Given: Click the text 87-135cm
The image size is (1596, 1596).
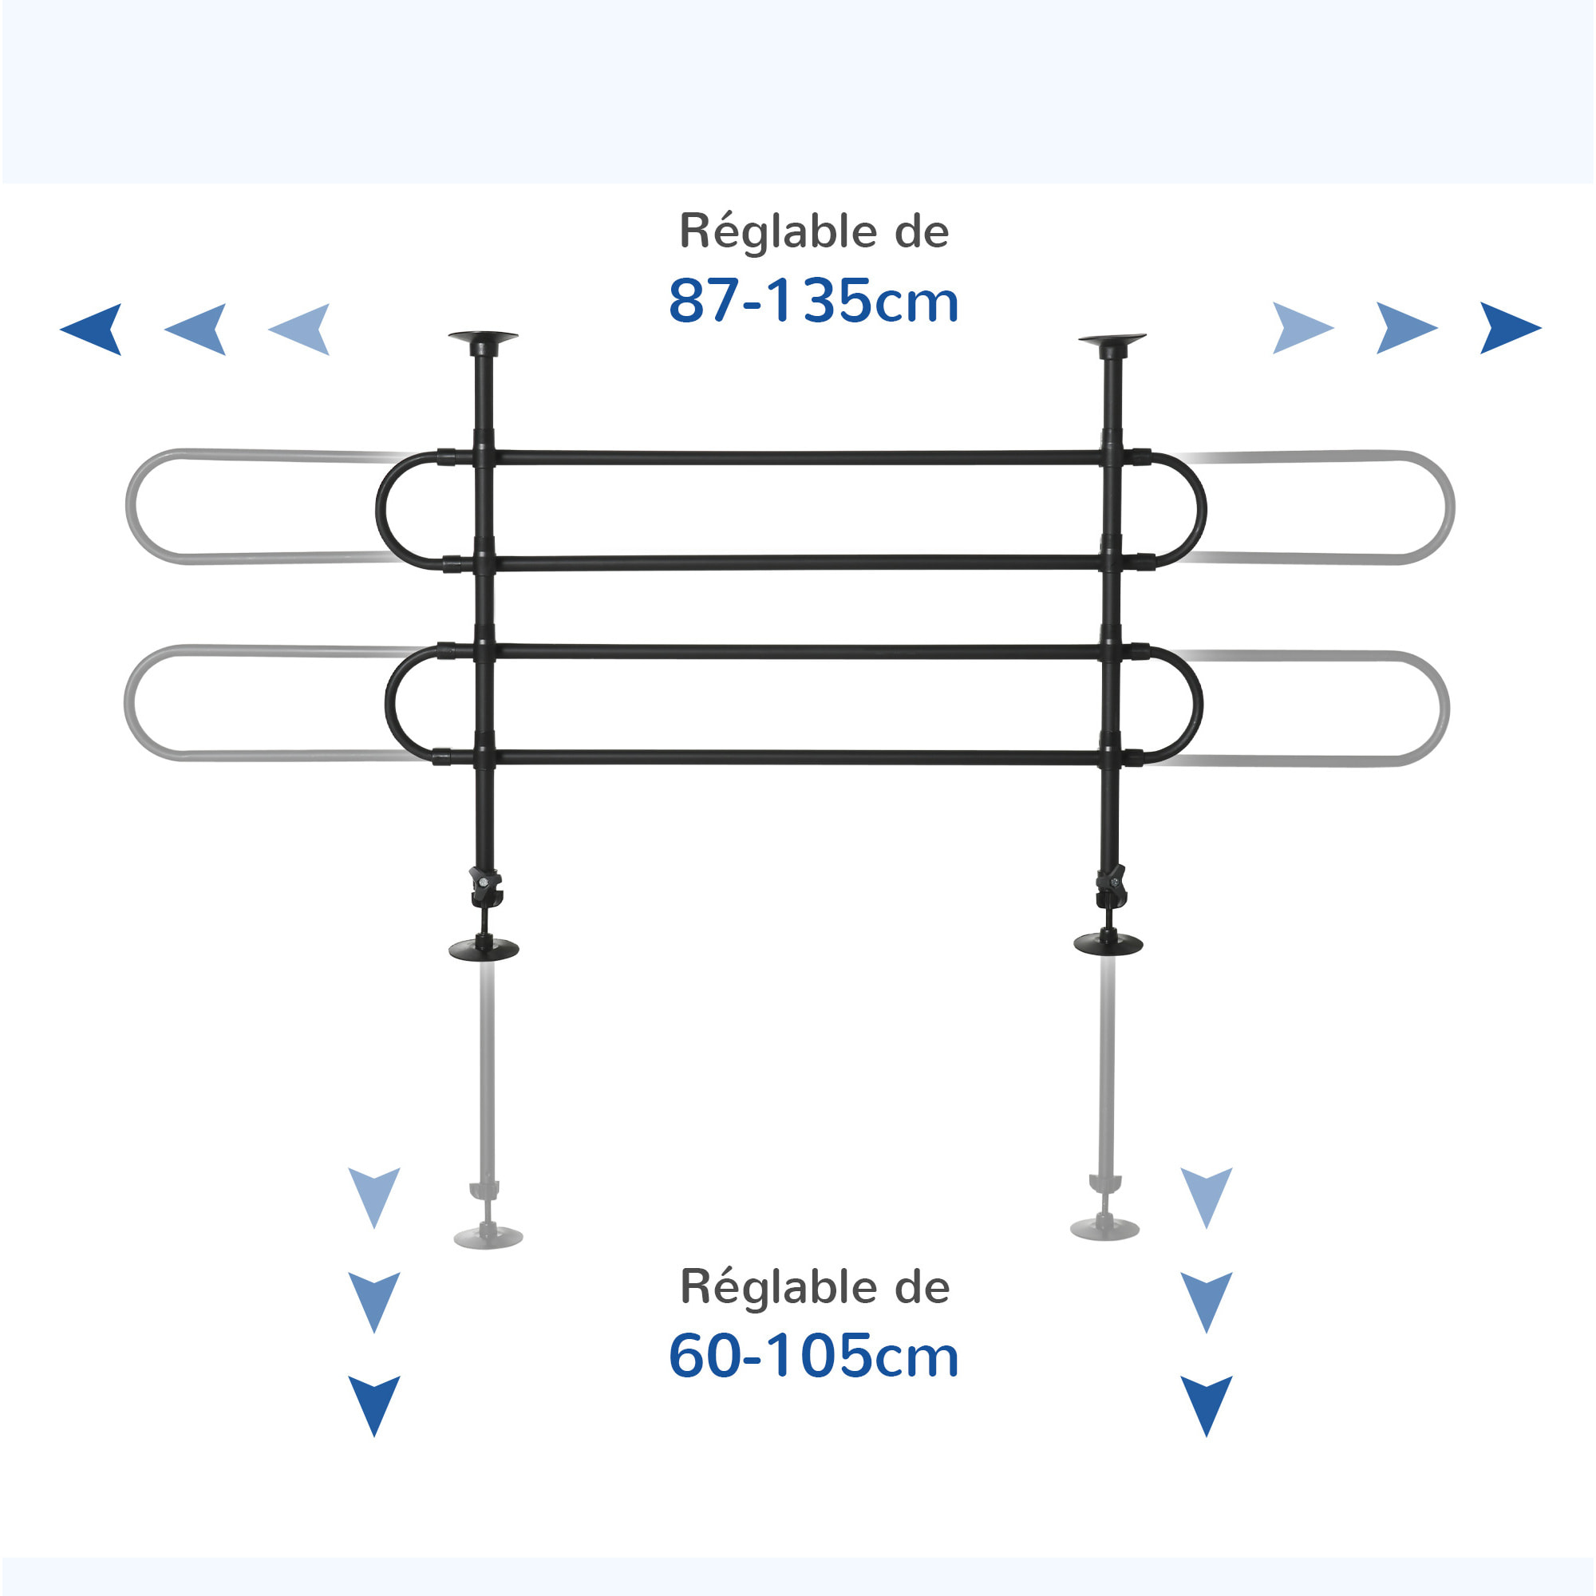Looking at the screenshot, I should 813,301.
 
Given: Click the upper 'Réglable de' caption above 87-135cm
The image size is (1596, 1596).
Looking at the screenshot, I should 814,231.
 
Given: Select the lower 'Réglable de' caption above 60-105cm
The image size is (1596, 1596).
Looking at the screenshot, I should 815,1287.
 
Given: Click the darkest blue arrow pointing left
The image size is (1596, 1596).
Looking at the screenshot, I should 93,329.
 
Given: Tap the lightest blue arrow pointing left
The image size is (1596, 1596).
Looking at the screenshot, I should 301,329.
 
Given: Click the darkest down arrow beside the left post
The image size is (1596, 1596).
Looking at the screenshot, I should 374,1404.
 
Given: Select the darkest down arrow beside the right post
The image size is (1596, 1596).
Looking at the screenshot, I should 1206,1404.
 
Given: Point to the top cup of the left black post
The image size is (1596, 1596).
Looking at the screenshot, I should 484,337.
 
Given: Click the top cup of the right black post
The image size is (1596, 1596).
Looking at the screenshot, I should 1112,338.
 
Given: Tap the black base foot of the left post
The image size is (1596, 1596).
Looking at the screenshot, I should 484,949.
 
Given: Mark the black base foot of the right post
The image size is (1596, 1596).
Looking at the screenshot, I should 1108,943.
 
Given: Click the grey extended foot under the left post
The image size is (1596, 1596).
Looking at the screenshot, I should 488,1237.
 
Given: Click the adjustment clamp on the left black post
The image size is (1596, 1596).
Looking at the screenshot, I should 485,887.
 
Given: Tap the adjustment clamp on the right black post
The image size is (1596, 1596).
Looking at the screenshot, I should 1111,886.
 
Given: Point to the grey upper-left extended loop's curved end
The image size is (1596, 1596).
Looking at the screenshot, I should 132,506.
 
